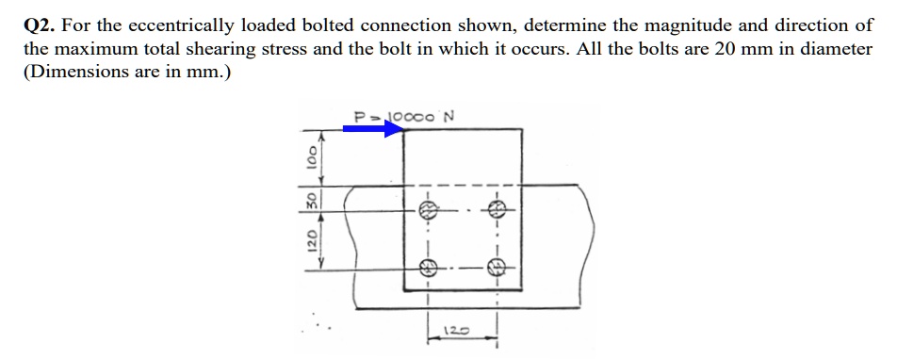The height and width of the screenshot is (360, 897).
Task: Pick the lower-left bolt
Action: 427,267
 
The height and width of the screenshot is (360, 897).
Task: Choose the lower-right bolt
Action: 497,267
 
